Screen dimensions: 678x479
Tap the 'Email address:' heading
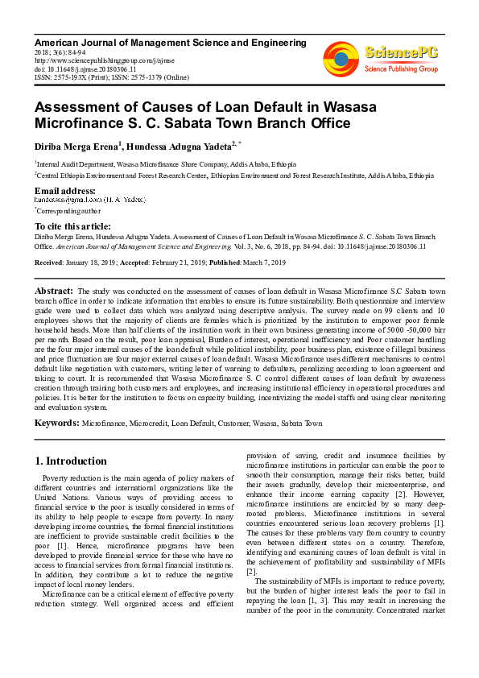pos(65,191)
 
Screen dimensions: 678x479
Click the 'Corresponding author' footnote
pos(67,209)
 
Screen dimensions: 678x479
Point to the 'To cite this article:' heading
pos(72,227)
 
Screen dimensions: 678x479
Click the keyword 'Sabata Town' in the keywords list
pos(302,423)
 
